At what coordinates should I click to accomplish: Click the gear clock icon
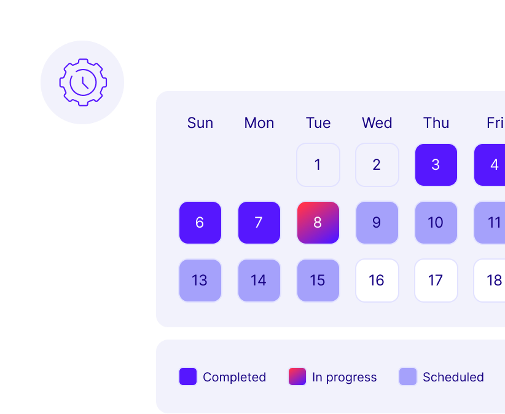coord(83,82)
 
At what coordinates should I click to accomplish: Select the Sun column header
coord(200,123)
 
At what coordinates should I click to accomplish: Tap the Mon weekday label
coord(259,123)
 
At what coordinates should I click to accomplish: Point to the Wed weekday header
coord(377,123)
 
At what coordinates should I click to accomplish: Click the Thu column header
coord(436,123)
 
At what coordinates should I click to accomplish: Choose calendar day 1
coord(318,165)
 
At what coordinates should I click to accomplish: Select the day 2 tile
coord(377,165)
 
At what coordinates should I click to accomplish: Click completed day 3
coord(436,165)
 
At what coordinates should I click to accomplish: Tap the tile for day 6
coord(200,223)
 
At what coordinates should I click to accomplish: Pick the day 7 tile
coord(259,223)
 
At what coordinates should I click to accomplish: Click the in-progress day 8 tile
coord(318,223)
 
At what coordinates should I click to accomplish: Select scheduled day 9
coord(377,223)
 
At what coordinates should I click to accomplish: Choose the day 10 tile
coord(436,223)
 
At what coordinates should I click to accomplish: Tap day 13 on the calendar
coord(200,281)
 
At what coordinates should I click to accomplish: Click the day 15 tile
coord(318,281)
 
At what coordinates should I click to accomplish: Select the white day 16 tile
coord(377,281)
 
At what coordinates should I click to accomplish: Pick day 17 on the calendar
coord(436,281)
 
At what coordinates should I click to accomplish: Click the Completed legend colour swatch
coord(188,376)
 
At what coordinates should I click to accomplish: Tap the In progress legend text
coord(344,377)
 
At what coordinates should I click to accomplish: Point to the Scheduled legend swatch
coord(408,376)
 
